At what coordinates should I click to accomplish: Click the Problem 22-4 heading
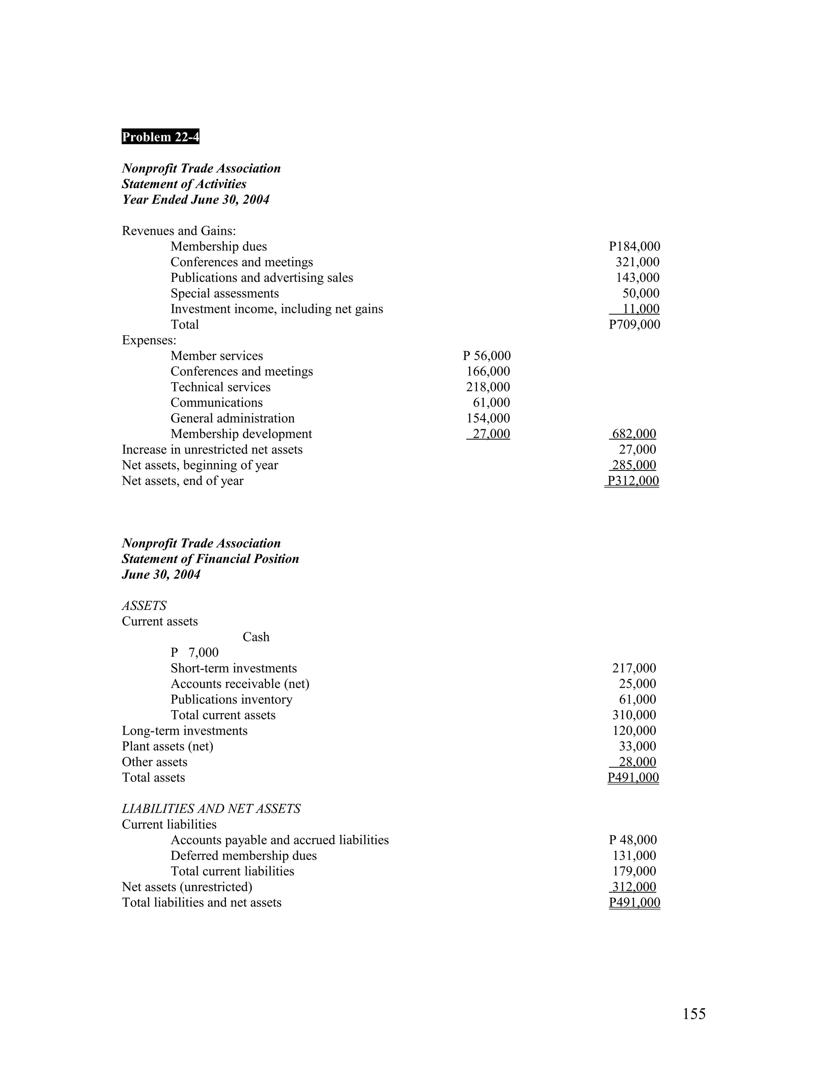pos(161,137)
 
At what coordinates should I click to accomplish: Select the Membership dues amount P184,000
pos(634,247)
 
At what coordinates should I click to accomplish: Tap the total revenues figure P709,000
pos(634,325)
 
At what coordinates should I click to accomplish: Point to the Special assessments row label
pos(225,293)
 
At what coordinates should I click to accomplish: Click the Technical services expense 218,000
pos(488,387)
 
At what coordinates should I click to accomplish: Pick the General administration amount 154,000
pos(488,418)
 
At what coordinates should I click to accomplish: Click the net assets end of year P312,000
pos(633,481)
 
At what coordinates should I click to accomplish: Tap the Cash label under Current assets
pos(256,637)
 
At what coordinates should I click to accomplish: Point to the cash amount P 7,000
pos(195,653)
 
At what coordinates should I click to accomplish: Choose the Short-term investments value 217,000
pos(634,668)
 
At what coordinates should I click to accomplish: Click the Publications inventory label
pos(232,699)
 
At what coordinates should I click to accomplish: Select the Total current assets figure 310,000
pos(634,715)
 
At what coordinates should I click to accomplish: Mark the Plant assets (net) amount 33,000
pos(637,746)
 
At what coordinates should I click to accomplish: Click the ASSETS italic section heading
pos(144,606)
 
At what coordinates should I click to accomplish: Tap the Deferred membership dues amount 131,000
pos(634,856)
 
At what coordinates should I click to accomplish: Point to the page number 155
pos(694,1014)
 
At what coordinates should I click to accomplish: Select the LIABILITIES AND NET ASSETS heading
pos(211,809)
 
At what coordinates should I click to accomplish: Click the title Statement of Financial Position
pos(210,559)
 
